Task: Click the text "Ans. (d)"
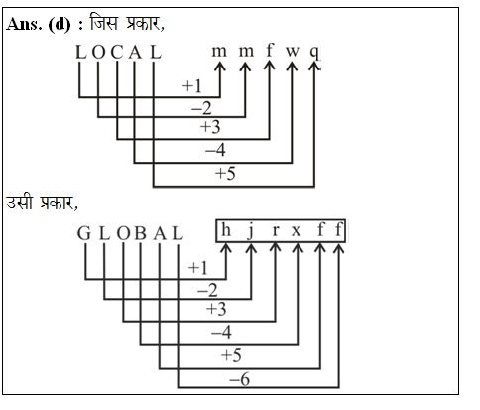pyautogui.click(x=39, y=24)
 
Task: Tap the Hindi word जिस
pyautogui.click(x=103, y=22)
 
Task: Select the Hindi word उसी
pyautogui.click(x=20, y=202)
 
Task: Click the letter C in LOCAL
pyautogui.click(x=117, y=53)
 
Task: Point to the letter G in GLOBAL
pyautogui.click(x=84, y=233)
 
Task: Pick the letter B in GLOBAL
pyautogui.click(x=140, y=233)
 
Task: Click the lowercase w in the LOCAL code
pyautogui.click(x=293, y=52)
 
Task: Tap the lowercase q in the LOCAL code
pyautogui.click(x=315, y=53)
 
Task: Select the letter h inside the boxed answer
pyautogui.click(x=226, y=229)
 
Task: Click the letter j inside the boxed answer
pyautogui.click(x=251, y=230)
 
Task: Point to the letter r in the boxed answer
pyautogui.click(x=275, y=231)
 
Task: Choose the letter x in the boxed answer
pyautogui.click(x=296, y=231)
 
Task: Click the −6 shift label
pyautogui.click(x=239, y=379)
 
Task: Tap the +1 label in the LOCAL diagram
pyautogui.click(x=191, y=86)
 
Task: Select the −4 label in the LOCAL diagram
pyautogui.click(x=215, y=150)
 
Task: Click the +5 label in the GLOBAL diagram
pyautogui.click(x=231, y=355)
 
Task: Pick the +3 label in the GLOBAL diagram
pyautogui.click(x=216, y=309)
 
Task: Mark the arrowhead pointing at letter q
pyautogui.click(x=314, y=66)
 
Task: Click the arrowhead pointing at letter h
pyautogui.click(x=226, y=248)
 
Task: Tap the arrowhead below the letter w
pyautogui.click(x=292, y=66)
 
